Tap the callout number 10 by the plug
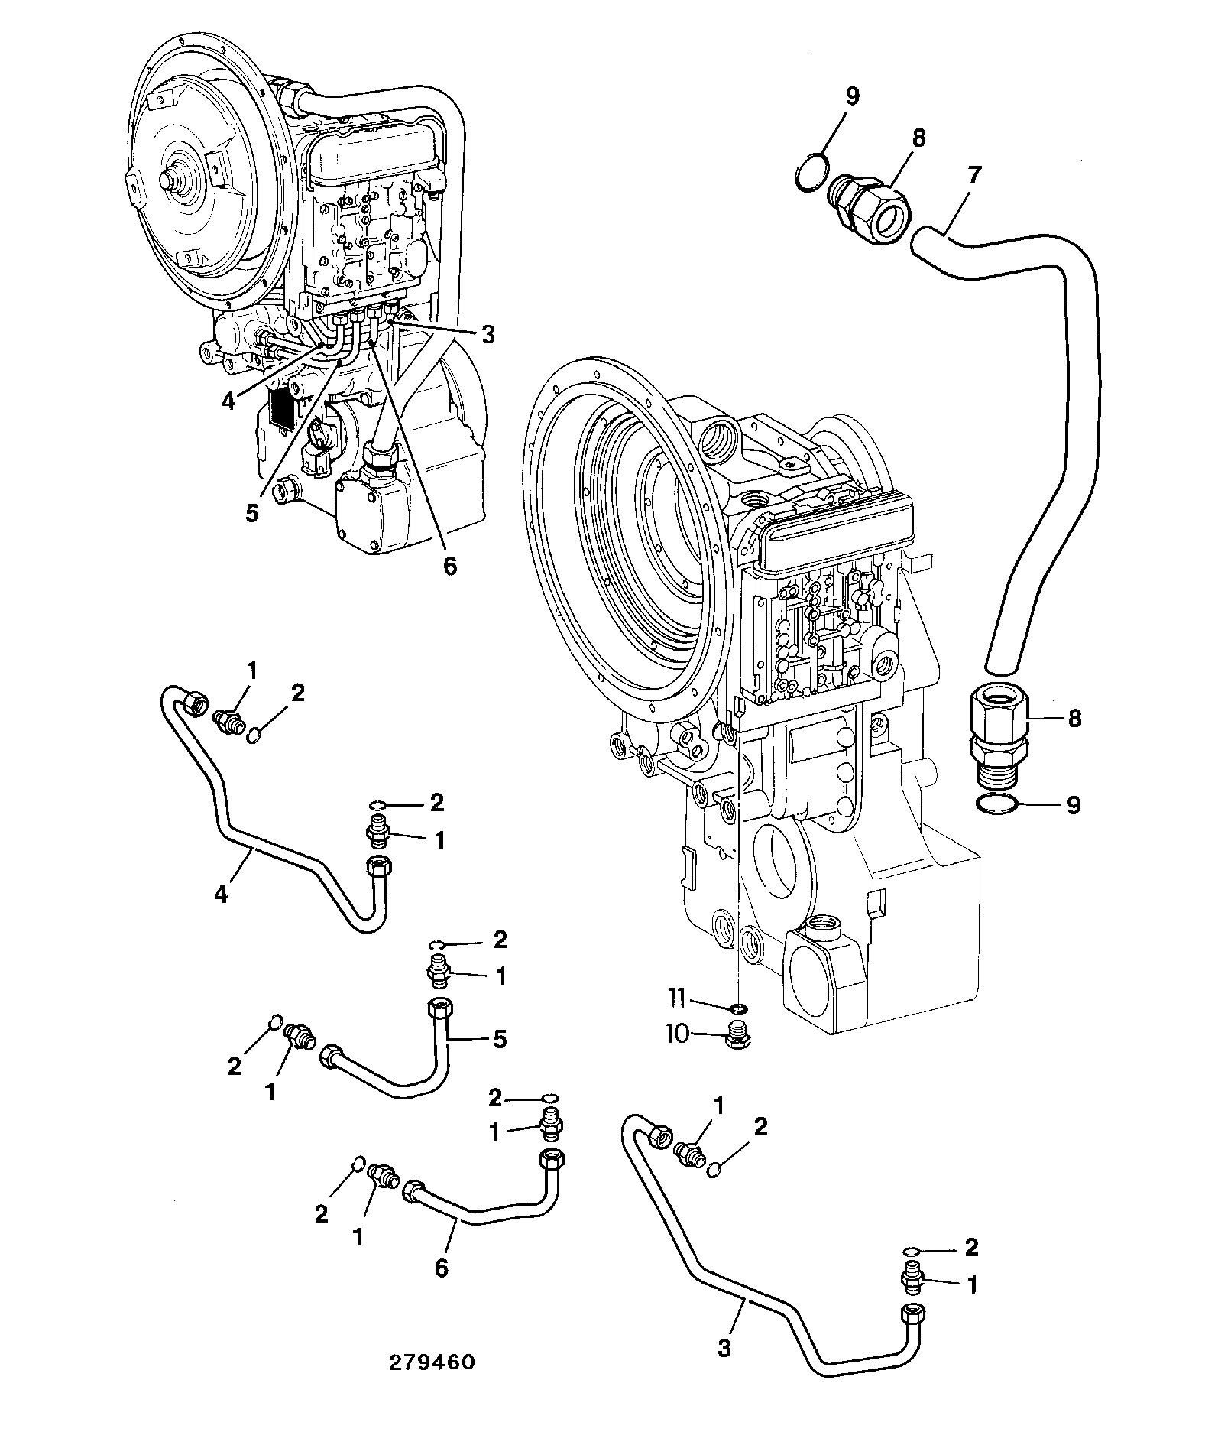pos(677,1034)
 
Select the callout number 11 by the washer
pos(678,998)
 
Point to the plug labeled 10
pos(737,1035)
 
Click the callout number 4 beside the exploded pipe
pos(222,893)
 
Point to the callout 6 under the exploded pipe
pos(441,1268)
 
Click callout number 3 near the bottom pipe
pos(724,1347)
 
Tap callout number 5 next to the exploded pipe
pos(500,1040)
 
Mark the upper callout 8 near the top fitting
pos(918,138)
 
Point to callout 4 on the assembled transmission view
pos(228,401)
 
